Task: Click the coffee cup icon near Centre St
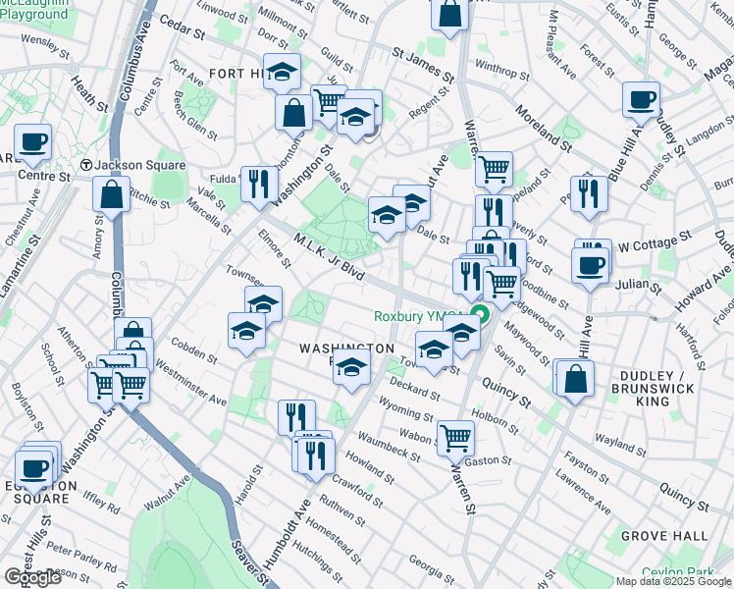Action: (32, 141)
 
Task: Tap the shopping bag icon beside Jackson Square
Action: (112, 193)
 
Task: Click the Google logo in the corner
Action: (32, 576)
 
